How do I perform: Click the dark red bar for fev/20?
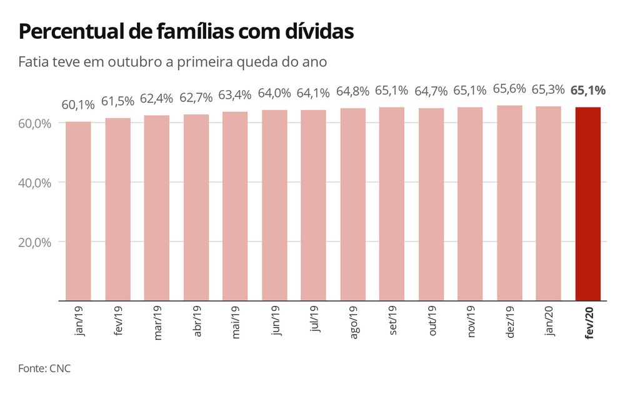click(587, 203)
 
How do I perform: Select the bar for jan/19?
click(78, 211)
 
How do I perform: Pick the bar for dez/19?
click(509, 203)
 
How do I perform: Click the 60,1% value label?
click(77, 104)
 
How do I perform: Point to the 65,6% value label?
click(509, 89)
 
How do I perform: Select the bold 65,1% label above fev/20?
click(587, 90)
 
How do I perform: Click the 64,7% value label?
click(431, 91)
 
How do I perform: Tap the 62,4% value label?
click(156, 98)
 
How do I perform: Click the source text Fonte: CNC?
click(44, 368)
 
